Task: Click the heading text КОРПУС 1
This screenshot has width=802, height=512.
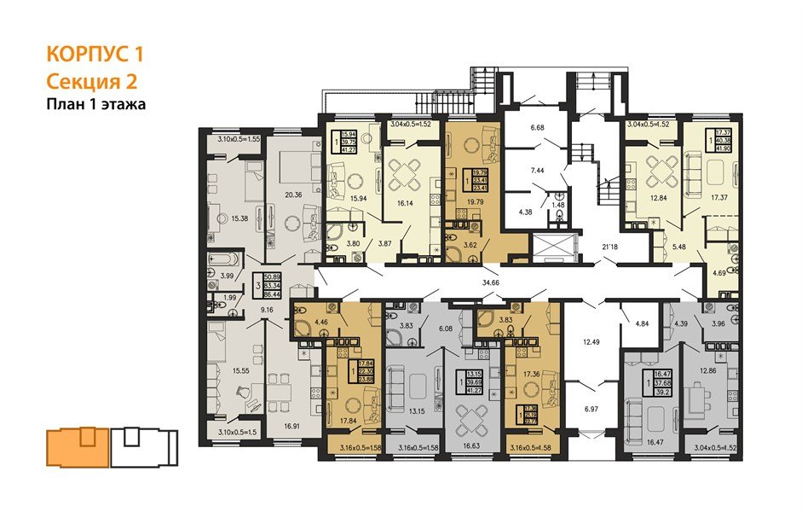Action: (94, 55)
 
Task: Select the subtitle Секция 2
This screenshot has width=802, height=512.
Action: (90, 82)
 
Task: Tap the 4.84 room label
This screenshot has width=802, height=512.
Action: (643, 324)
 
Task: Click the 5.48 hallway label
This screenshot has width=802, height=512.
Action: (679, 248)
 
